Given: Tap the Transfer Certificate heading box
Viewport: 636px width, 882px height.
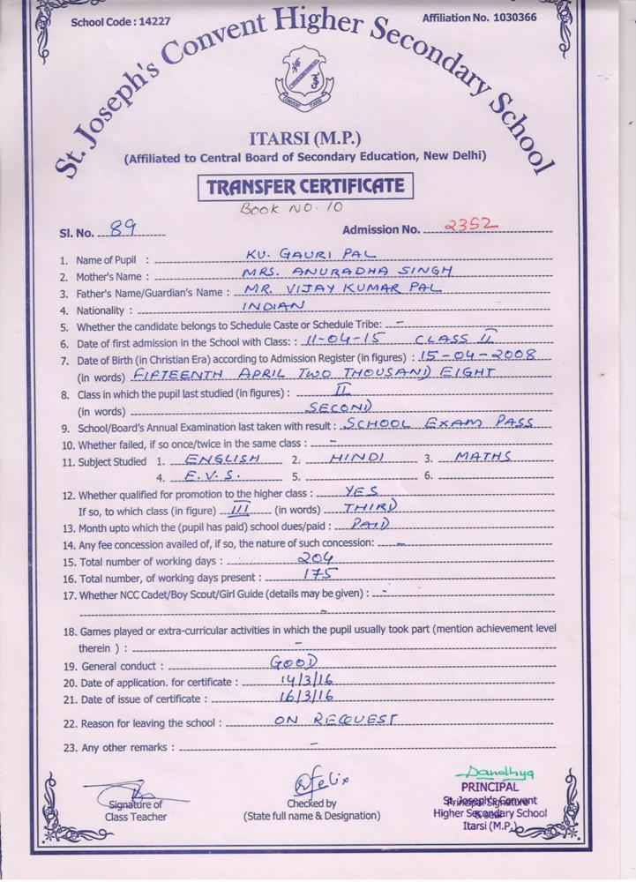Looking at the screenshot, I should pos(305,187).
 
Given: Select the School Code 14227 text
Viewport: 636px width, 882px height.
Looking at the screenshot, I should pos(109,23).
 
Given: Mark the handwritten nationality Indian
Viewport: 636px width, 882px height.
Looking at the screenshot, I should pos(274,304).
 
